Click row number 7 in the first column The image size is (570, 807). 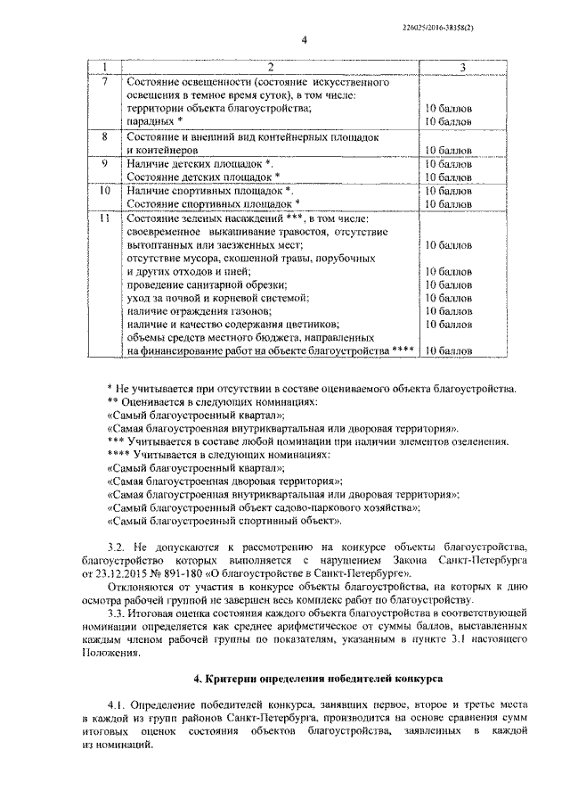coord(105,82)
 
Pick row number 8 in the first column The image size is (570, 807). coord(105,137)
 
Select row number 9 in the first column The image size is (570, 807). coord(105,164)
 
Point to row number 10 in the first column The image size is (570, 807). coord(105,191)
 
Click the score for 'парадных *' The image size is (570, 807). coord(449,121)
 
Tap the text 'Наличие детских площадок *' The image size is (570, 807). coord(199,164)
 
